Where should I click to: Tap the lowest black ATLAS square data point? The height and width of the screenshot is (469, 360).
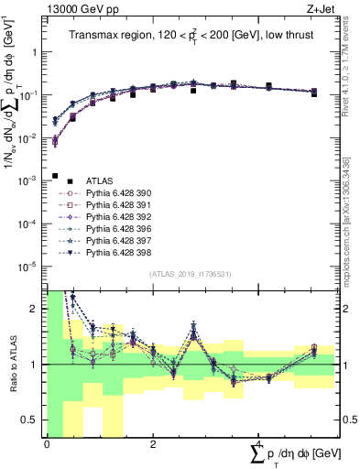coord(56,176)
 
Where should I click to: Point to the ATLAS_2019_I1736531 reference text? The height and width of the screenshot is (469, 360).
coord(189,274)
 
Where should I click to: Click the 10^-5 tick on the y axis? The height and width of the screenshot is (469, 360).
coord(29,267)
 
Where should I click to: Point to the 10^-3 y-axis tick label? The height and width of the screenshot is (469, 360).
coord(29,180)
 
